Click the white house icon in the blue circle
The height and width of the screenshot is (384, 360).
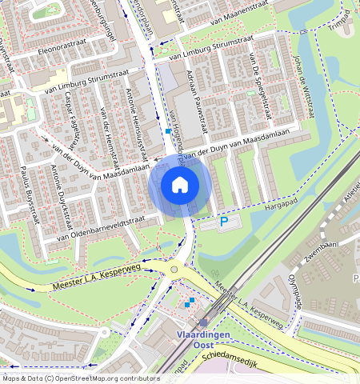pos(180,186)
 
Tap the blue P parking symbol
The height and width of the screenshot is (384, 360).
pos(225,222)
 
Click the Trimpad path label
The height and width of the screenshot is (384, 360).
pos(340,29)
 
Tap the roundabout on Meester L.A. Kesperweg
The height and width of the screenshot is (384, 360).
pos(174,270)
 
